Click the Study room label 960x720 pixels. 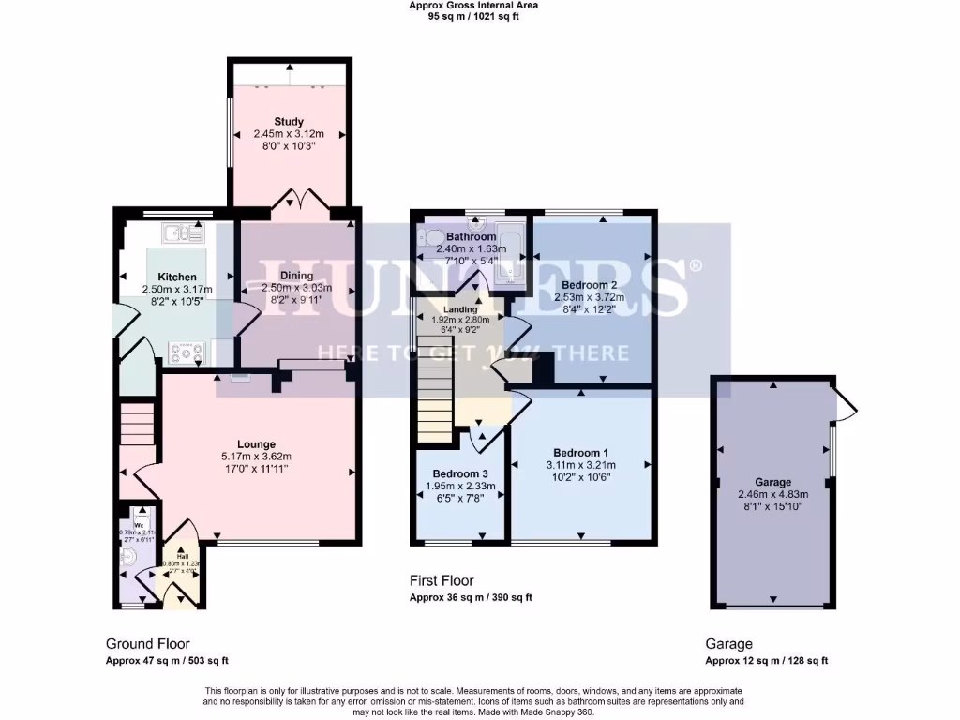[290, 122]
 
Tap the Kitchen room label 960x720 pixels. [177, 277]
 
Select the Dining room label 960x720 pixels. [296, 276]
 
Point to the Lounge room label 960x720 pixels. [256, 444]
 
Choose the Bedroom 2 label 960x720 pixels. [589, 284]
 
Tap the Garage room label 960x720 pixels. [773, 482]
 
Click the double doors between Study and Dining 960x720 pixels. [296, 201]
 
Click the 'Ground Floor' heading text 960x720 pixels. [147, 644]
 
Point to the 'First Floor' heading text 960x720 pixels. [442, 581]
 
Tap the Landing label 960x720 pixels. [460, 309]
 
